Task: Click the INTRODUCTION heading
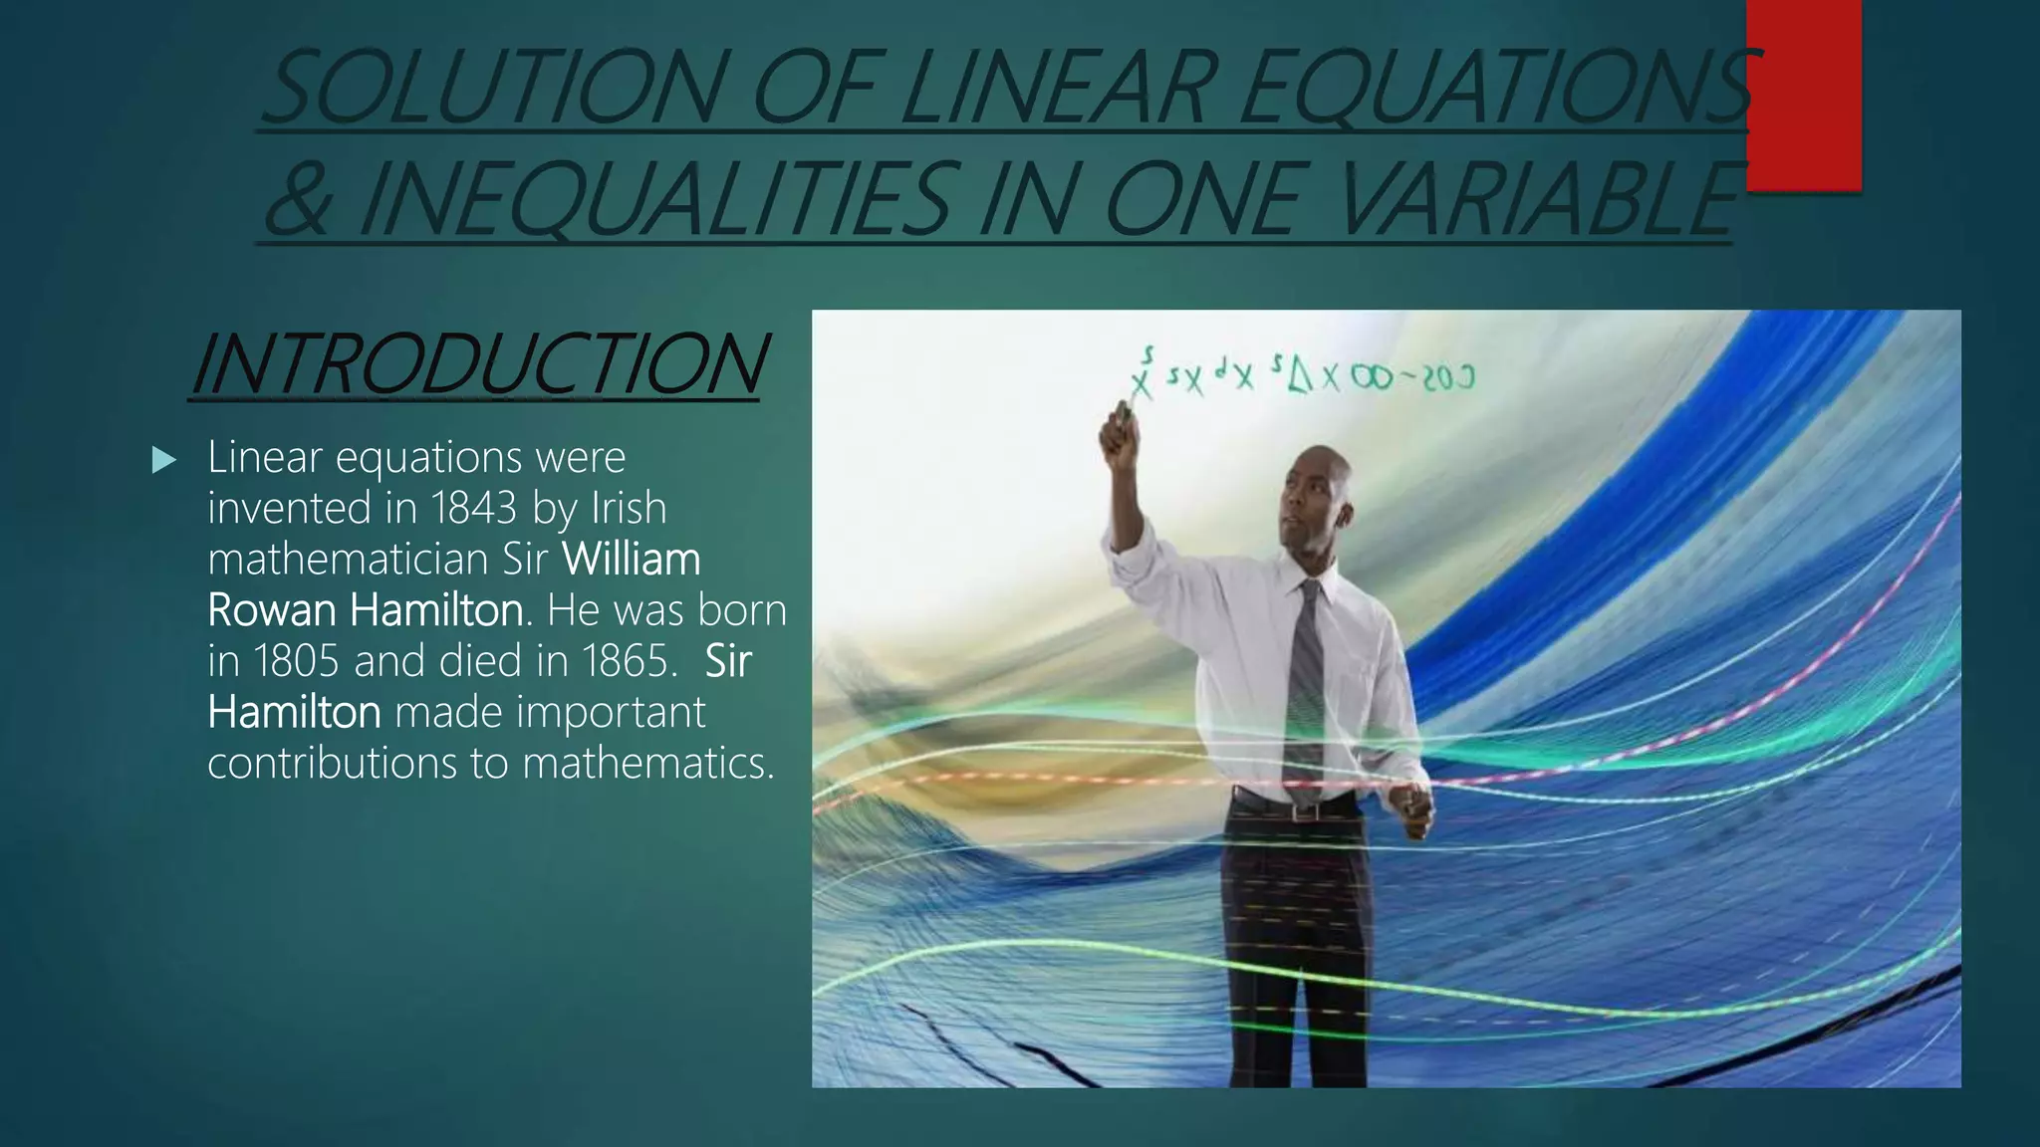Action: [478, 363]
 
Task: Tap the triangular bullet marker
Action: [164, 460]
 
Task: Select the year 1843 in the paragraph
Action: [474, 508]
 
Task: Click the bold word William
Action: [632, 559]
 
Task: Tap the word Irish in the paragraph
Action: [629, 508]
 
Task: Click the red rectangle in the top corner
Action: [1803, 95]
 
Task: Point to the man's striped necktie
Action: [1306, 687]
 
